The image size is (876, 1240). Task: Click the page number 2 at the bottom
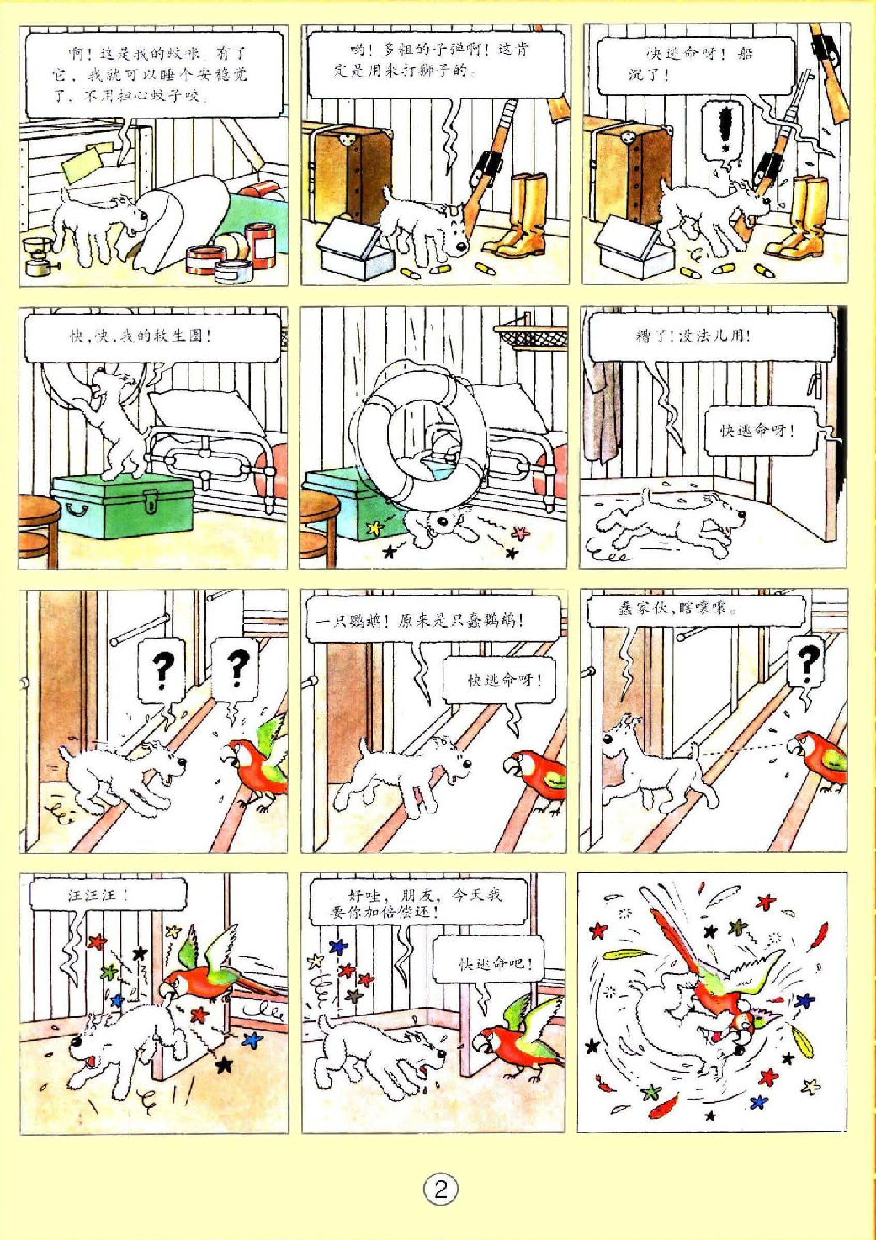(440, 1190)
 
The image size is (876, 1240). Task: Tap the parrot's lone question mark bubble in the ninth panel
(809, 664)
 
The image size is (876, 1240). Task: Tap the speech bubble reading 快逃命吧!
(495, 963)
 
